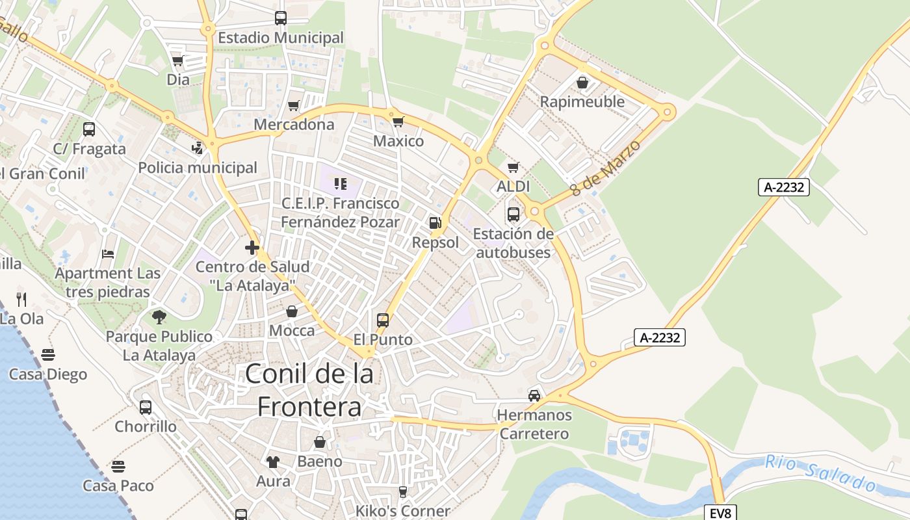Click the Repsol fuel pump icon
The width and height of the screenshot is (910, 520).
tap(435, 223)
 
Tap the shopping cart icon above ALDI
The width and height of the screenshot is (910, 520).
tap(513, 167)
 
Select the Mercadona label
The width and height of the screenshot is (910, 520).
tap(294, 124)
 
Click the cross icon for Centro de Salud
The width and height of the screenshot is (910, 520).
tap(252, 248)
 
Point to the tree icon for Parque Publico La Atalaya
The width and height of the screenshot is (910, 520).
tap(159, 317)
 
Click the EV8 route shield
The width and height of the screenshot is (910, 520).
tap(720, 513)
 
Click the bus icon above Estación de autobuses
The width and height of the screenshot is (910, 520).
tap(513, 214)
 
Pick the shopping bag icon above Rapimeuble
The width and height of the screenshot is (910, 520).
tap(582, 83)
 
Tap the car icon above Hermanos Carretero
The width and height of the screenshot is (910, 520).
tap(534, 395)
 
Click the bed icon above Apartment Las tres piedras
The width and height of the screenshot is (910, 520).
tap(108, 253)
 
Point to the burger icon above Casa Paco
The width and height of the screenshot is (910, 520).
tap(118, 466)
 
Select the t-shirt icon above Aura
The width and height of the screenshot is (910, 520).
tap(273, 461)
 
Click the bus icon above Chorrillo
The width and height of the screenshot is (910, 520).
tap(146, 408)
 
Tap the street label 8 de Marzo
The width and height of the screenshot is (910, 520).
tap(605, 168)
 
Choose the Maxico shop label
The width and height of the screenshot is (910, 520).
tap(398, 141)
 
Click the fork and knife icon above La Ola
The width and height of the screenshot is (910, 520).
tap(22, 299)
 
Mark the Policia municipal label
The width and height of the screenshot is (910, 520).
tap(198, 168)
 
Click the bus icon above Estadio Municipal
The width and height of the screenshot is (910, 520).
tap(281, 18)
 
